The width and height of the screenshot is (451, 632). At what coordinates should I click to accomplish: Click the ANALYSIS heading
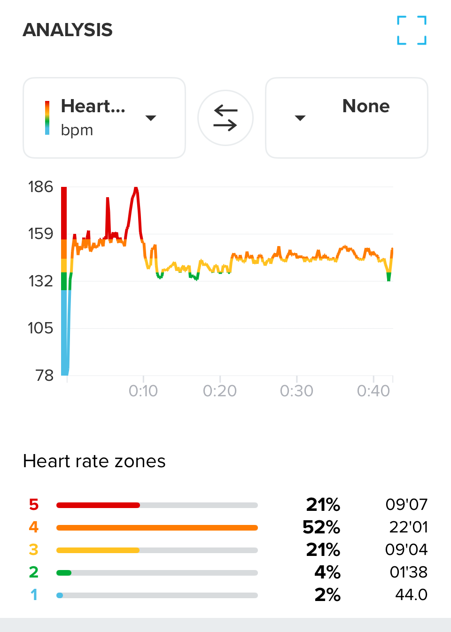point(68,30)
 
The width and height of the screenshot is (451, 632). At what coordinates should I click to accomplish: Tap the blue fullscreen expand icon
point(412,31)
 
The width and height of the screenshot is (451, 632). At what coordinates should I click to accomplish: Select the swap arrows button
point(225,118)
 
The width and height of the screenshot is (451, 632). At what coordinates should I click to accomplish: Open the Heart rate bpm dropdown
point(104,118)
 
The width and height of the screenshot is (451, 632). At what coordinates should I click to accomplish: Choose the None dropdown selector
point(347,118)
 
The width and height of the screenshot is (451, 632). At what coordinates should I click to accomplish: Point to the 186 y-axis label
point(41,187)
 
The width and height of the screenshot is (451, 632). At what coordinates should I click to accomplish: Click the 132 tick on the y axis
point(41,281)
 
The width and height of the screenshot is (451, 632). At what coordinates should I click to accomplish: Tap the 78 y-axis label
point(45,375)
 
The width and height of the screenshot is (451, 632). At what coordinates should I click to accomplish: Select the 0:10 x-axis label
point(143,391)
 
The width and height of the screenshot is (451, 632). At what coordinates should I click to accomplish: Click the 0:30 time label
point(296,391)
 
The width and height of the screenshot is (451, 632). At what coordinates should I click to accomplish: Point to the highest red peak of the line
point(136,189)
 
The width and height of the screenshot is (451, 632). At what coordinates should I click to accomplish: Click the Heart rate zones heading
point(94,461)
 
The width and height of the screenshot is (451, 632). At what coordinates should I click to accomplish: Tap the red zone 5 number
point(34,505)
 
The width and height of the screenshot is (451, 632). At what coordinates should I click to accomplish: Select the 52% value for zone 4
point(321,527)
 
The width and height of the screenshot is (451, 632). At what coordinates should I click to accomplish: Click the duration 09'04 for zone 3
point(406,550)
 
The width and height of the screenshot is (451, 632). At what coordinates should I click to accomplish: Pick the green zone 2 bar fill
point(64,573)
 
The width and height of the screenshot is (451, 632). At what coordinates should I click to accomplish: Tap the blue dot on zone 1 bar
point(60,595)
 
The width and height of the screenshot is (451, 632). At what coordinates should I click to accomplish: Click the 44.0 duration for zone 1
point(411,595)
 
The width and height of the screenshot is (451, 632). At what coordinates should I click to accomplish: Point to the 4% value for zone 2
point(327,572)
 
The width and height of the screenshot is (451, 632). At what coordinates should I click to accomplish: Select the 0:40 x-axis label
point(373,391)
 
